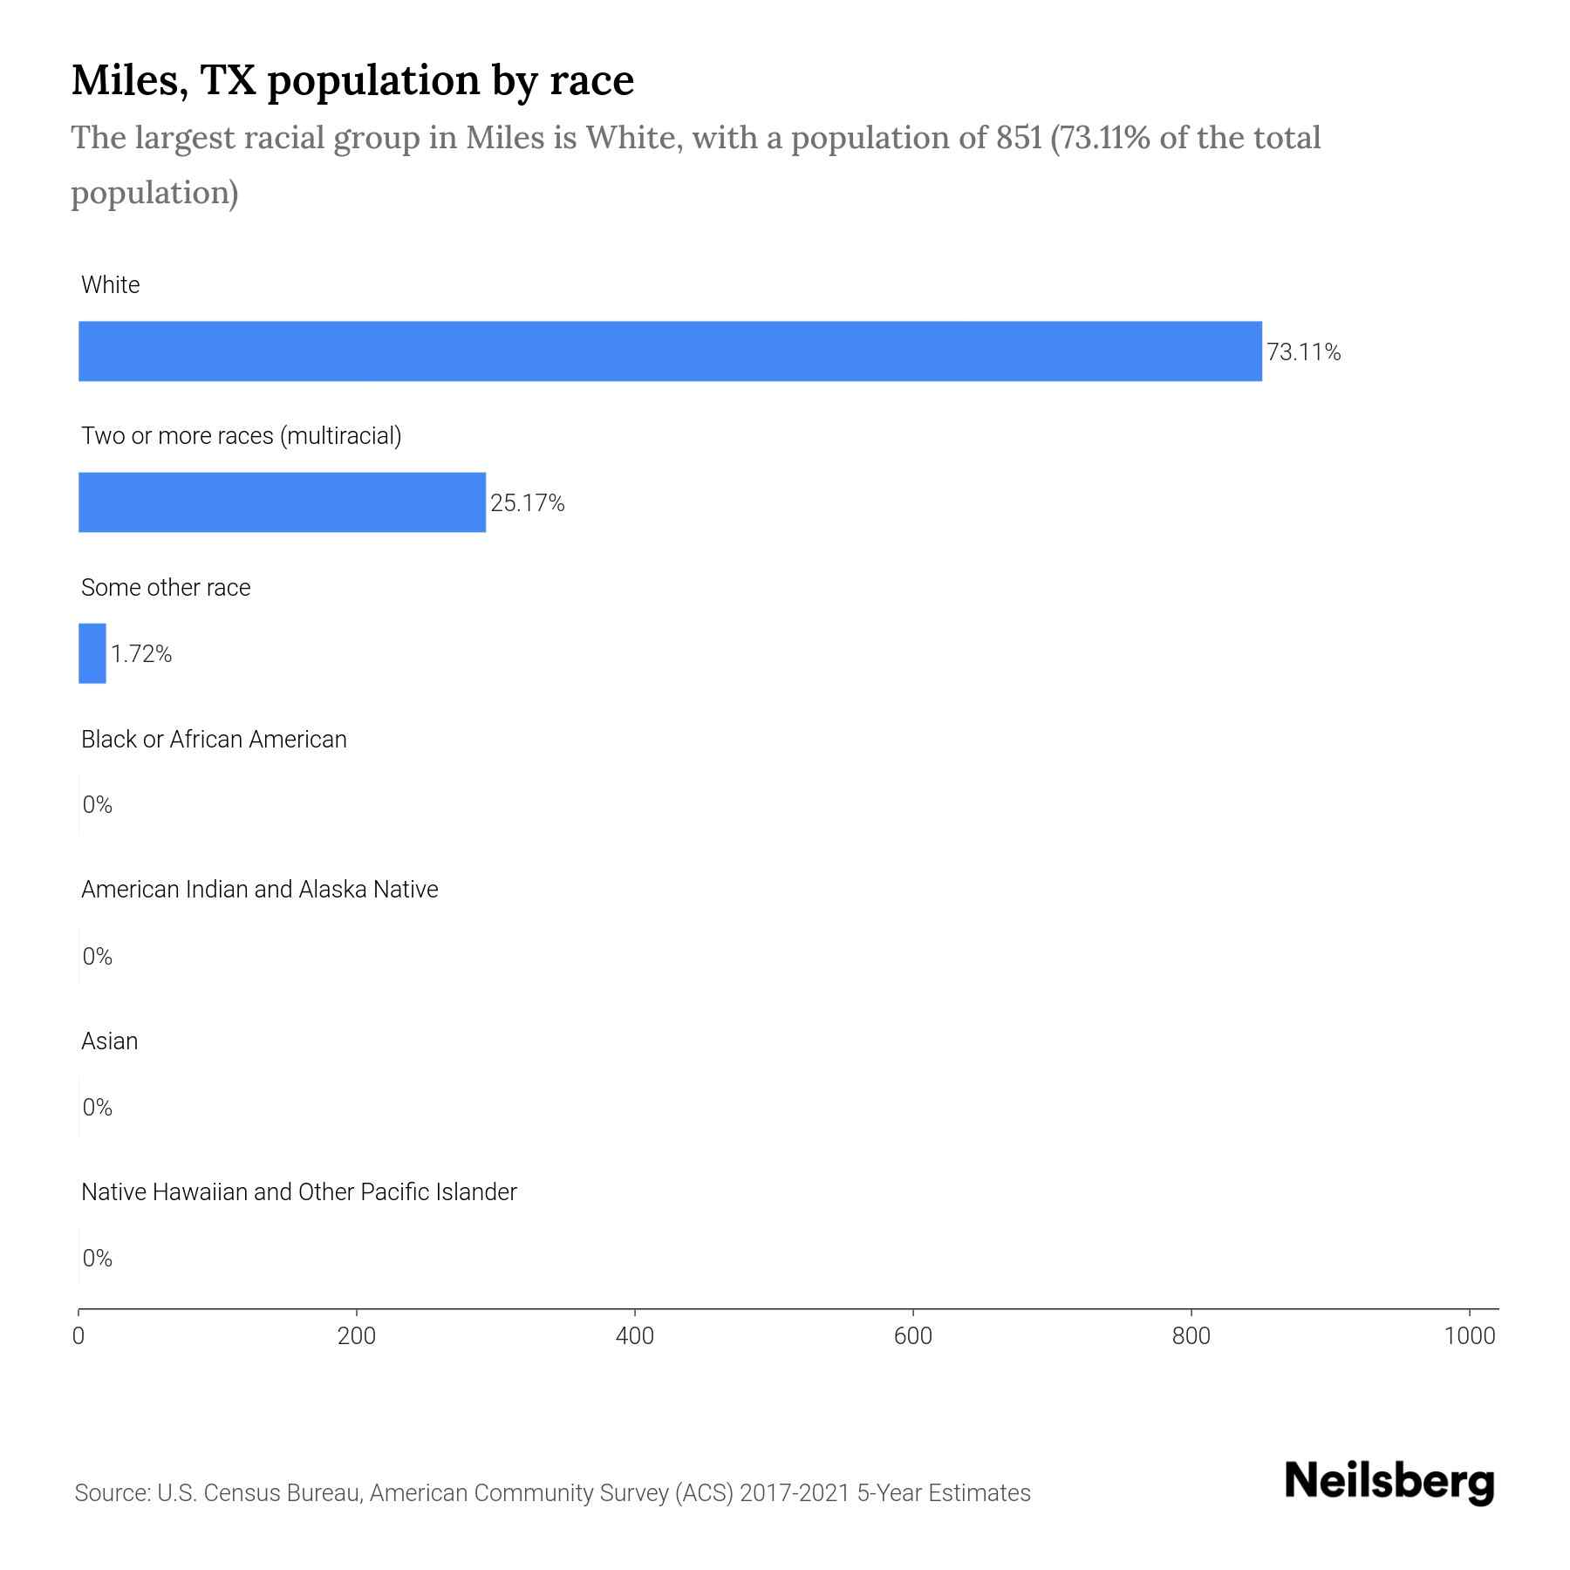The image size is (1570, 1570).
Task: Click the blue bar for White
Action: click(670, 352)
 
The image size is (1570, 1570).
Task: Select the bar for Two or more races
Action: click(282, 502)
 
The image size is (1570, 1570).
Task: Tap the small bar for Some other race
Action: click(92, 653)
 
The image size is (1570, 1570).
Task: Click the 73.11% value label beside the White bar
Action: click(1303, 352)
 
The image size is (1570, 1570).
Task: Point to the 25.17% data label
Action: click(527, 503)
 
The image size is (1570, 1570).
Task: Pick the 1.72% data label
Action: click(140, 654)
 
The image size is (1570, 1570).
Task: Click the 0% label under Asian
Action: click(97, 1108)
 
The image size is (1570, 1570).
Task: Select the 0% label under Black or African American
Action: click(97, 805)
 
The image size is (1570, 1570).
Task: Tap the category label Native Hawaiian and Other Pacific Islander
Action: click(298, 1192)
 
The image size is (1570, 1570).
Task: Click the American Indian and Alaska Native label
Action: click(259, 890)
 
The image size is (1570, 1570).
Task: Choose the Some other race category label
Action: click(166, 588)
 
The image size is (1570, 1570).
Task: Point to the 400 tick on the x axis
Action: click(634, 1336)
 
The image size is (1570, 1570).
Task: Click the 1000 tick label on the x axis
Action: click(1470, 1336)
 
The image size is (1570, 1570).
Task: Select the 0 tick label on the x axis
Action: click(78, 1336)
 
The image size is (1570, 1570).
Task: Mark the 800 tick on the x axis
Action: click(1191, 1336)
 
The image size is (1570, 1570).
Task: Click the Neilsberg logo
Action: click(1389, 1482)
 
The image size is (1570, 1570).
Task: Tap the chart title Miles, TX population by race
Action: click(352, 80)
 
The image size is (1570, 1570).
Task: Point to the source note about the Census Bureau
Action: click(552, 1493)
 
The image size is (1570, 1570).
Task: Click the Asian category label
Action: click(109, 1041)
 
